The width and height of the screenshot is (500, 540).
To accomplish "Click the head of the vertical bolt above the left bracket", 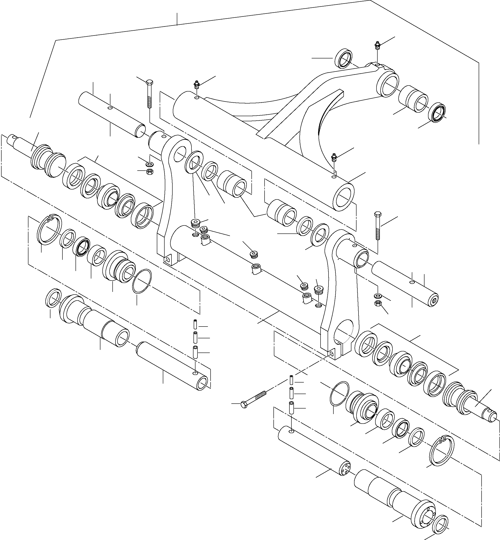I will tap(149, 82).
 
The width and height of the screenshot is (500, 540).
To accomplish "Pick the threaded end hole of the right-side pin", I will tap(434, 301).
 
